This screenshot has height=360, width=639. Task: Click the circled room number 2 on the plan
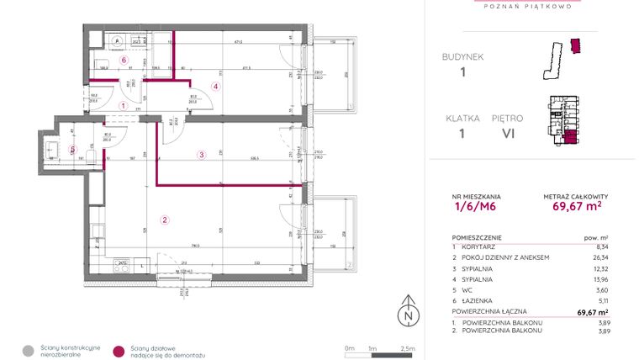point(165,220)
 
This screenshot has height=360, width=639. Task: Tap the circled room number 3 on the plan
point(201,154)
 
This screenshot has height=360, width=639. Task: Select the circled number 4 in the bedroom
point(215,86)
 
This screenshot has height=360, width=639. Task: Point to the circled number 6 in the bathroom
point(123,61)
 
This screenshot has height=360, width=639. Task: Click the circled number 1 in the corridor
point(124,106)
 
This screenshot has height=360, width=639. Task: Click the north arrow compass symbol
point(409,310)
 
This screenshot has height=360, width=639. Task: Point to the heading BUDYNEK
point(462,57)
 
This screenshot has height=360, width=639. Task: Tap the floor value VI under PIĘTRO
point(507,133)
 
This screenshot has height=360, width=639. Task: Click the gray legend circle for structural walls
point(28,351)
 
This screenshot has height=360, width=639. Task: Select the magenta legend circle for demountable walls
point(119,351)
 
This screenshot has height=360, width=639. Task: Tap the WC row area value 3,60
point(600,289)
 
